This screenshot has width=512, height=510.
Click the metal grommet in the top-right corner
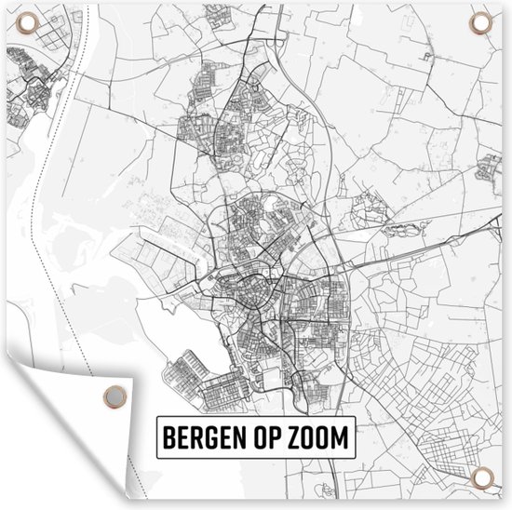[x=480, y=22]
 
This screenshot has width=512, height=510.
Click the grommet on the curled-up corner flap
[x=113, y=395]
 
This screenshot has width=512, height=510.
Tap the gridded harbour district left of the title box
[x=200, y=382]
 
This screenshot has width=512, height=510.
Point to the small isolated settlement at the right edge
[x=490, y=168]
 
